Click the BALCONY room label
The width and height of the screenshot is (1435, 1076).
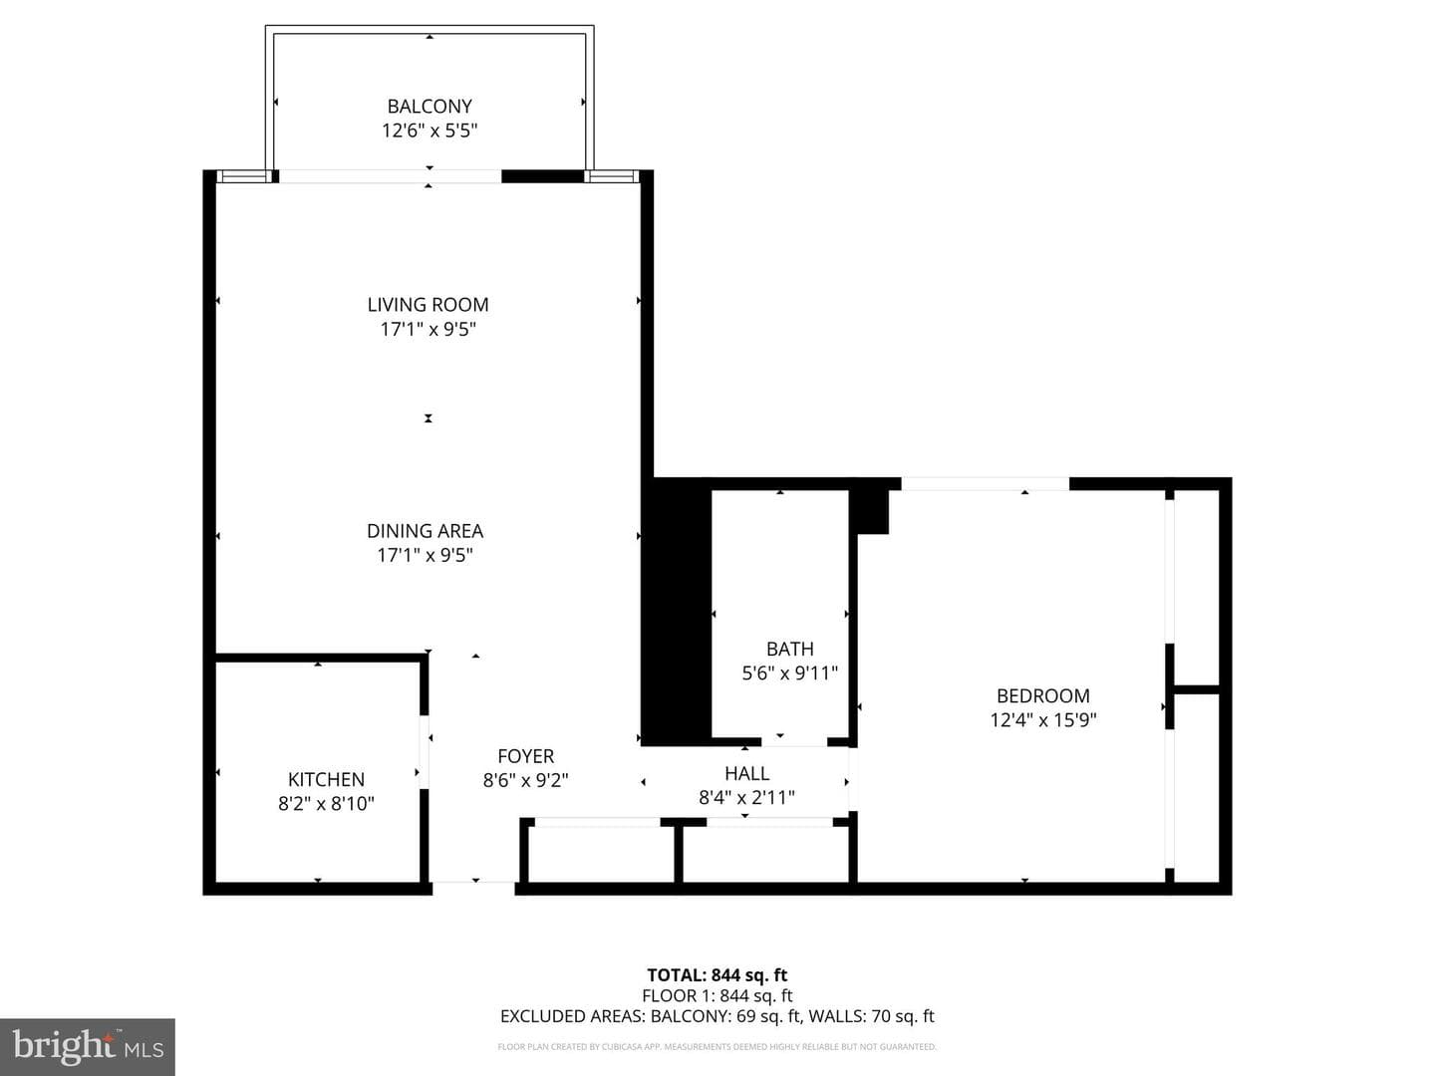pyautogui.click(x=430, y=106)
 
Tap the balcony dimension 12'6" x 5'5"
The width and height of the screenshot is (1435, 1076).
pyautogui.click(x=430, y=131)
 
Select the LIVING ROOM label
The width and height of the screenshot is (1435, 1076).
pyautogui.click(x=429, y=305)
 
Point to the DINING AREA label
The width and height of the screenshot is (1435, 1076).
pyautogui.click(x=425, y=530)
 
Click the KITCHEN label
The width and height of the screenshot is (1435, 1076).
pyautogui.click(x=326, y=779)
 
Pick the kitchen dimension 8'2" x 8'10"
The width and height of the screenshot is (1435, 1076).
pyautogui.click(x=326, y=803)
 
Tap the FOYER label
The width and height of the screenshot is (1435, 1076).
pyautogui.click(x=525, y=756)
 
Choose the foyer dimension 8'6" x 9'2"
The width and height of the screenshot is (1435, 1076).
pyautogui.click(x=525, y=780)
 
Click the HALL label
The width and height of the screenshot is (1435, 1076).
pyautogui.click(x=747, y=773)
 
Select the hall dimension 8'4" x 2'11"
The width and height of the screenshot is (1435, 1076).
pyautogui.click(x=747, y=797)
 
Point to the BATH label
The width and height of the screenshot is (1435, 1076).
pyautogui.click(x=789, y=649)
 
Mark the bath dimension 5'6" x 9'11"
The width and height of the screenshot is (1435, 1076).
pyautogui.click(x=789, y=672)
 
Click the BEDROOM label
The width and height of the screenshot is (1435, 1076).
pyautogui.click(x=1042, y=695)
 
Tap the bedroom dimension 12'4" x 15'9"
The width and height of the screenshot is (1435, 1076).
pyautogui.click(x=1042, y=720)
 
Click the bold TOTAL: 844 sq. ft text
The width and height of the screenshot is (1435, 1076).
pyautogui.click(x=717, y=975)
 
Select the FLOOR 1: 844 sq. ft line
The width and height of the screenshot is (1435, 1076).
pyautogui.click(x=717, y=995)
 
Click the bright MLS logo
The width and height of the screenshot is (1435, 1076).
pyautogui.click(x=88, y=1047)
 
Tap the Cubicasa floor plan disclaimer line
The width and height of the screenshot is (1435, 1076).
pyautogui.click(x=717, y=1046)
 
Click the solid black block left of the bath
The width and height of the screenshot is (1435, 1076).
pyautogui.click(x=676, y=612)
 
